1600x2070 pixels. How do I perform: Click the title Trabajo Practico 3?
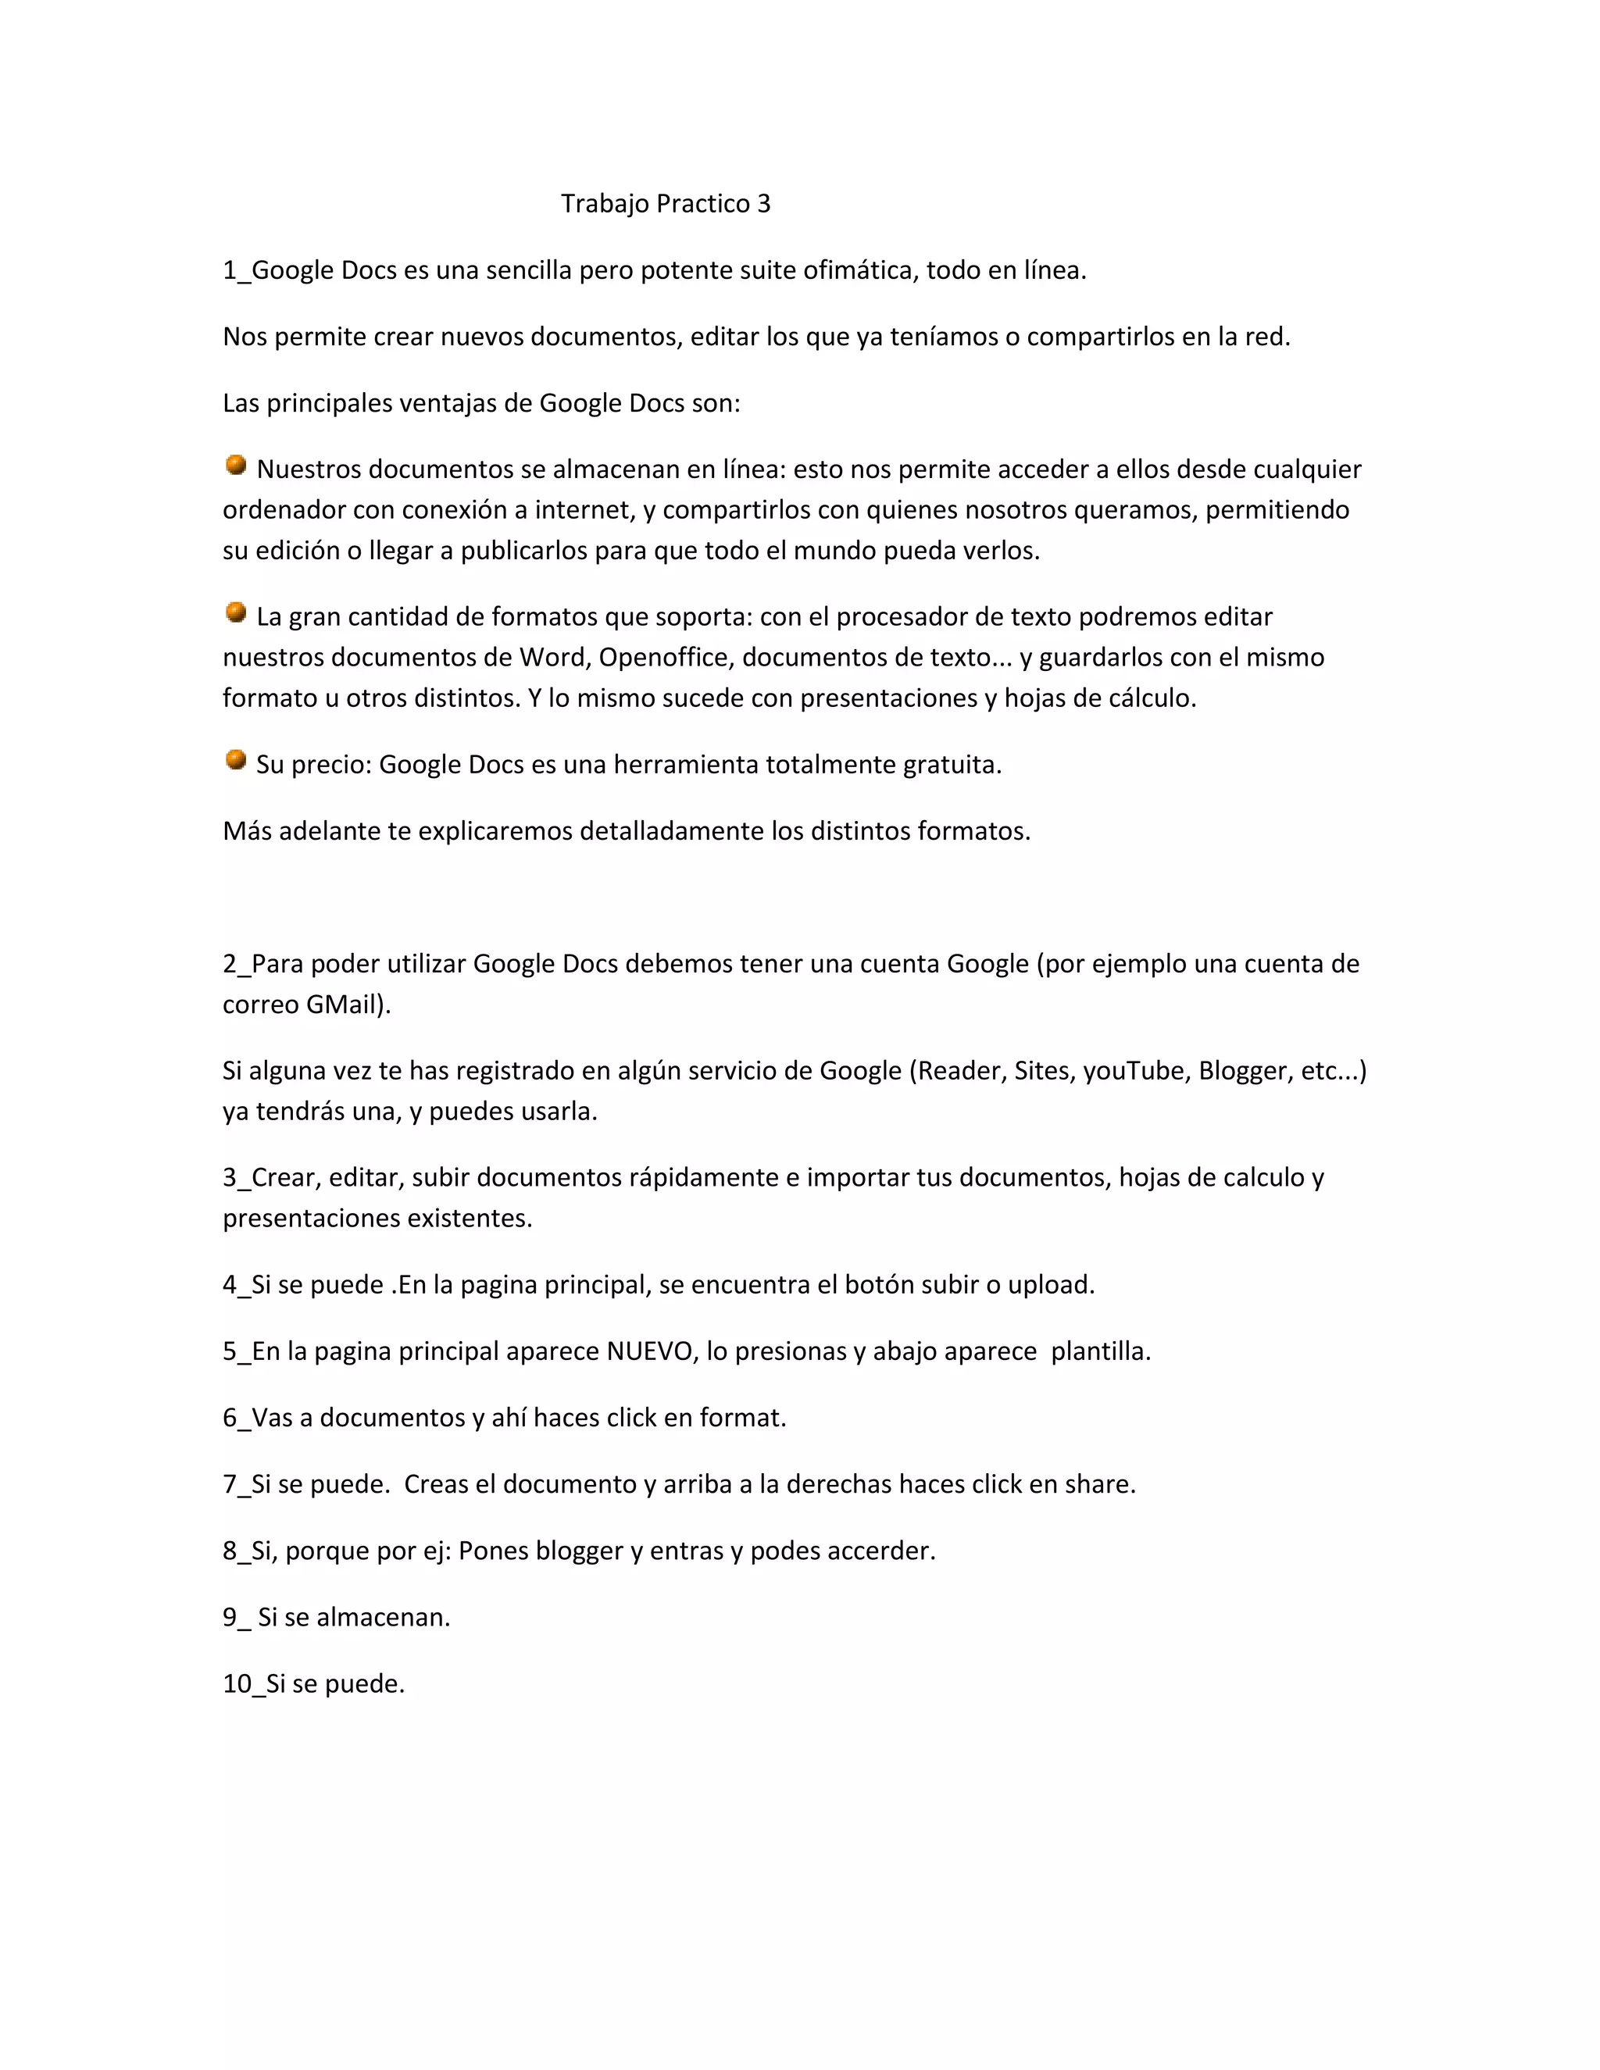point(666,204)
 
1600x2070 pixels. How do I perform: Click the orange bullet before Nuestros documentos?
point(236,465)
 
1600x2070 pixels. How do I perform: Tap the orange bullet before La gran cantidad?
point(236,612)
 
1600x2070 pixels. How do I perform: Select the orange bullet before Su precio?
point(236,759)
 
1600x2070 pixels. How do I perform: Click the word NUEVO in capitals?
point(649,1351)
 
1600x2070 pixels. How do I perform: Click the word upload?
point(1049,1285)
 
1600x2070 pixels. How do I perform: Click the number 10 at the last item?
point(236,1683)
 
